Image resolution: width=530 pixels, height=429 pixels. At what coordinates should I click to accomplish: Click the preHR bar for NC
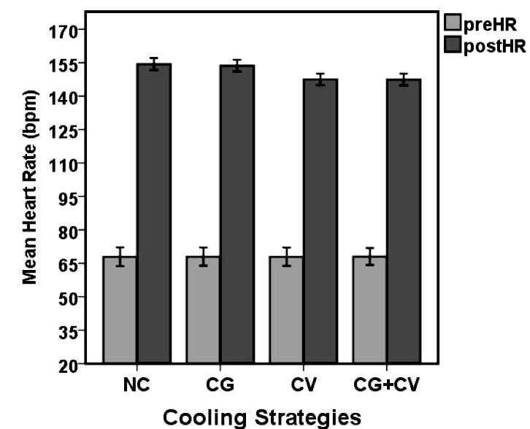[x=120, y=310]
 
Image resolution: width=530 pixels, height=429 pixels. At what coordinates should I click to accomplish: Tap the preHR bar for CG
[x=203, y=310]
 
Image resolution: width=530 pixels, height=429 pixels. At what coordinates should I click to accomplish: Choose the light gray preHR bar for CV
[x=286, y=310]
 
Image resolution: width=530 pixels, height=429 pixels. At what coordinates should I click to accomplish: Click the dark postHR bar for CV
[x=320, y=221]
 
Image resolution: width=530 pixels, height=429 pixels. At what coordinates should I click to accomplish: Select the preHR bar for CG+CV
[x=369, y=310]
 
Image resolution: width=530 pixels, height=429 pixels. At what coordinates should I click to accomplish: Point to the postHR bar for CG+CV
[x=403, y=221]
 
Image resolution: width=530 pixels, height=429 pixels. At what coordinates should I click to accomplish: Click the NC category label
[x=137, y=384]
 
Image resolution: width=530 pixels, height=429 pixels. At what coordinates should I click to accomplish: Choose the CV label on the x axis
[x=303, y=384]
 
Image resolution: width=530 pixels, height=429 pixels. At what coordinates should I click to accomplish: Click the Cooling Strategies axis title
[x=261, y=417]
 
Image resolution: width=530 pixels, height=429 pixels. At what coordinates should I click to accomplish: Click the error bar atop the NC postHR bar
[x=153, y=64]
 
